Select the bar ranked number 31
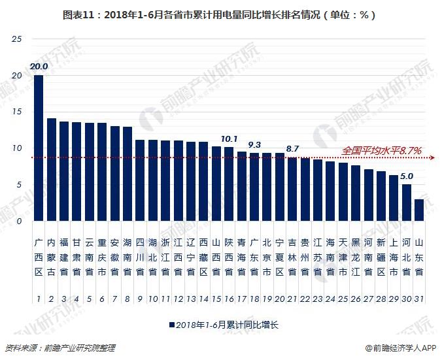click(x=418, y=210)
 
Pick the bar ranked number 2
click(x=51, y=169)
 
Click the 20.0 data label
click(x=39, y=67)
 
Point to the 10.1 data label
click(x=229, y=139)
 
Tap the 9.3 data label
click(x=254, y=144)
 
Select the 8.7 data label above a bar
click(x=292, y=149)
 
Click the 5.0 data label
click(x=406, y=176)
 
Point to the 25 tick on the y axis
click(x=18, y=40)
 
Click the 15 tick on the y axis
click(x=18, y=112)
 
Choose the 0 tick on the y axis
click(x=20, y=221)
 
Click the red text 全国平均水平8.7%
click(x=382, y=151)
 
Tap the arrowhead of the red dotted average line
click(x=434, y=157)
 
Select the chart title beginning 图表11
click(x=220, y=14)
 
